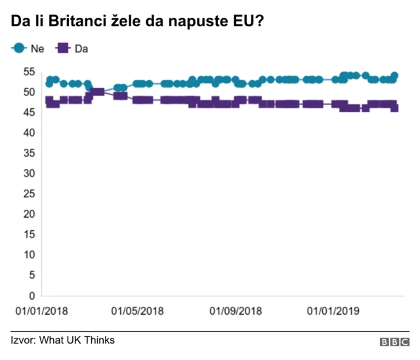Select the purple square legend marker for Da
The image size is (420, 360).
point(64,49)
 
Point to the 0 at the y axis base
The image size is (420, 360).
point(30,295)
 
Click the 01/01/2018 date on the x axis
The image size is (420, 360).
point(41,311)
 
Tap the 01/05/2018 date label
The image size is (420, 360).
point(138,311)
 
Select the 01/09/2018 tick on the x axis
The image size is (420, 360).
point(236,311)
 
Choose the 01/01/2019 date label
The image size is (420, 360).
point(333,311)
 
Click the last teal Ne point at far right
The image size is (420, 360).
point(394,75)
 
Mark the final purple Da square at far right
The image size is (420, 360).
point(394,108)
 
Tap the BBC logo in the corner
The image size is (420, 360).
point(394,342)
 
